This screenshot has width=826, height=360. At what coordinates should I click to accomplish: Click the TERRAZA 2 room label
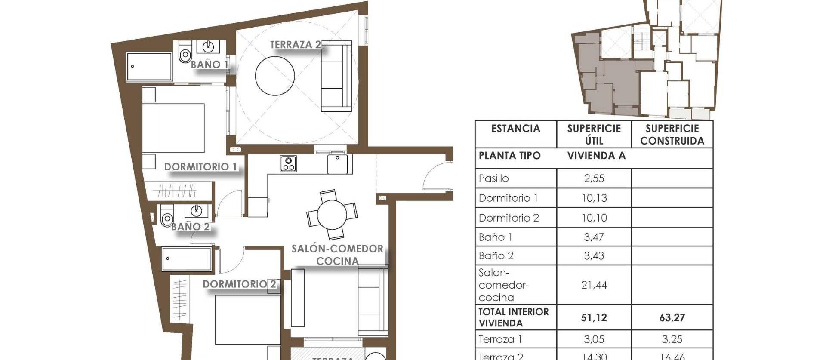pyautogui.click(x=295, y=45)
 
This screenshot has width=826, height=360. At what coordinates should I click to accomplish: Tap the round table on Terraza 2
pyautogui.click(x=274, y=76)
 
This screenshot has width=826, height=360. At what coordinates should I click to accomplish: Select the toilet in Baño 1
pyautogui.click(x=185, y=53)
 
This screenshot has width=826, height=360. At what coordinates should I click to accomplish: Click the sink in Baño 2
pyautogui.click(x=197, y=210)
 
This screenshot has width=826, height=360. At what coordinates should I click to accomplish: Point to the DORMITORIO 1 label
pyautogui.click(x=200, y=167)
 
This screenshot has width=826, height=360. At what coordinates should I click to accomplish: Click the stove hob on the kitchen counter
pyautogui.click(x=288, y=164)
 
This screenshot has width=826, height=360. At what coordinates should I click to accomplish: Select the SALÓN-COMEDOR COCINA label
pyautogui.click(x=337, y=255)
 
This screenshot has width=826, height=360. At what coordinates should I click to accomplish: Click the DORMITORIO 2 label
pyautogui.click(x=239, y=284)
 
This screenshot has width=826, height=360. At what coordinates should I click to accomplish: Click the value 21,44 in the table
pyautogui.click(x=594, y=285)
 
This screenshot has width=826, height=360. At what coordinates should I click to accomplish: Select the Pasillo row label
pyautogui.click(x=493, y=178)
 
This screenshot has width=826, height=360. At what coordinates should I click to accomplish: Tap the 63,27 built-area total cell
pyautogui.click(x=672, y=318)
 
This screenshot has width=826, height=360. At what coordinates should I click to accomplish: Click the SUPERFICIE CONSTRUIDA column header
pyautogui.click(x=672, y=135)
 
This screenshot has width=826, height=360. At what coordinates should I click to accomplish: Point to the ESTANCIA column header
pyautogui.click(x=515, y=129)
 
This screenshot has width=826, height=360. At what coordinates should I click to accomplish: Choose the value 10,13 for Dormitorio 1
pyautogui.click(x=594, y=198)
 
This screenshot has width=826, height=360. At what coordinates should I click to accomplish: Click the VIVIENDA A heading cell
pyautogui.click(x=596, y=156)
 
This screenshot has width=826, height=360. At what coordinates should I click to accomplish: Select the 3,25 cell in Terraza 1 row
pyautogui.click(x=672, y=339)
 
